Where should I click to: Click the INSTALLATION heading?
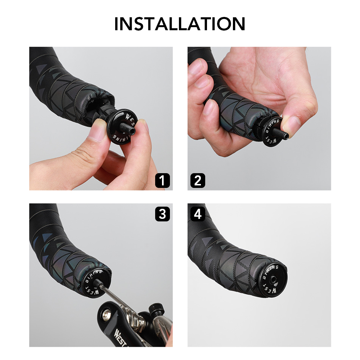point(180,24)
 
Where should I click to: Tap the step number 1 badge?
point(162,180)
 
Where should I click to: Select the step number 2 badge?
point(198,180)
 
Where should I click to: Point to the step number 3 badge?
point(162,214)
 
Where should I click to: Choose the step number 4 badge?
point(198,214)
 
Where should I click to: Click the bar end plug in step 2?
point(272,132)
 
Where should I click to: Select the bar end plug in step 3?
point(94,283)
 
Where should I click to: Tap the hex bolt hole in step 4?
point(273,280)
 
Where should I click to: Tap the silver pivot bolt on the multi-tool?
point(107,315)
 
